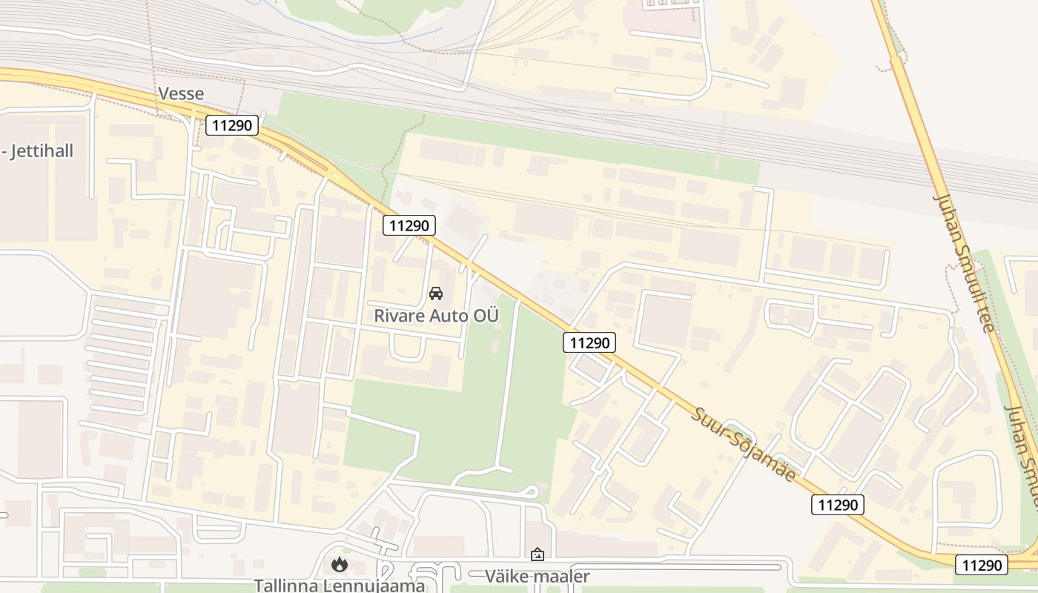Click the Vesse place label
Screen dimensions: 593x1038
(x=180, y=94)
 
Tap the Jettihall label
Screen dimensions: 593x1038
(x=41, y=151)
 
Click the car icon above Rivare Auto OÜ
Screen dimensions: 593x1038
(x=436, y=294)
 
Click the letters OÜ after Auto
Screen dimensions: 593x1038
(x=488, y=316)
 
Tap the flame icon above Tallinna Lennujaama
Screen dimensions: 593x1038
(x=339, y=565)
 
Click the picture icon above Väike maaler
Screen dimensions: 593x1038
(x=538, y=554)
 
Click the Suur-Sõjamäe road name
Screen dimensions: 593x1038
(x=744, y=443)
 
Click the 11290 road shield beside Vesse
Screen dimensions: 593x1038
(x=232, y=125)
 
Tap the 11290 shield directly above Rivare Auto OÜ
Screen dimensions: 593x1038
(x=409, y=225)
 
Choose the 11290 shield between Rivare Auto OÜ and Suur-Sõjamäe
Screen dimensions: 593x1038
(x=589, y=342)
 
